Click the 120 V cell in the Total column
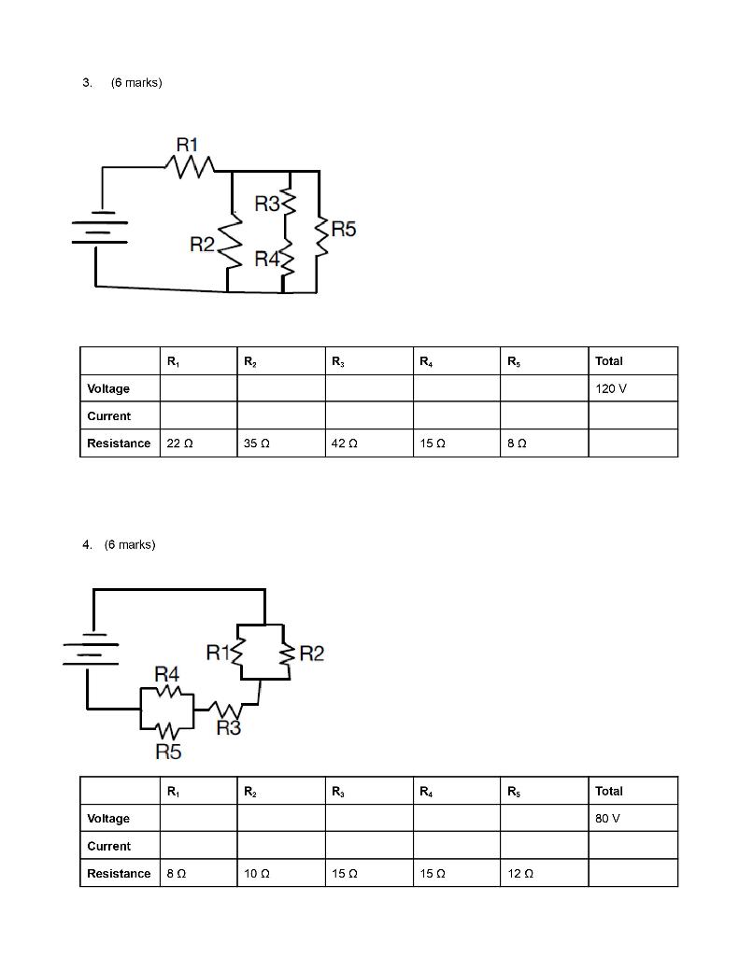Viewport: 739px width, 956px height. click(610, 388)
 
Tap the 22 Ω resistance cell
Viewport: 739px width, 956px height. click(179, 443)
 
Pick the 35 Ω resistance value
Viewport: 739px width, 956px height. click(256, 443)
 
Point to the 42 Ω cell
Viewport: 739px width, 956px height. click(344, 443)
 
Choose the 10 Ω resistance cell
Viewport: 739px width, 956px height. click(256, 874)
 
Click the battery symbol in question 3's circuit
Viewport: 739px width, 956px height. click(99, 228)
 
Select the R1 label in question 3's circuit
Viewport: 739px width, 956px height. click(187, 145)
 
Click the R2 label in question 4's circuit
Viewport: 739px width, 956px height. click(312, 654)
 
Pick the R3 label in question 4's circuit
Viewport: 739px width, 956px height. click(228, 728)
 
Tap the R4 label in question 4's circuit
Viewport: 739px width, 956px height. click(166, 673)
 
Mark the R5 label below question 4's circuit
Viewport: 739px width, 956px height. click(168, 752)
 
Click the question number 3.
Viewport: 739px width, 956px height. click(87, 83)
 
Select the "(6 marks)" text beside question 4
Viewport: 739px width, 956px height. click(130, 544)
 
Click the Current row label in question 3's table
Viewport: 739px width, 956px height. click(109, 416)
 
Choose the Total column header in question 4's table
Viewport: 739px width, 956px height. click(609, 791)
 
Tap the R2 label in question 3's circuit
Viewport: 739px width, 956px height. click(203, 245)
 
